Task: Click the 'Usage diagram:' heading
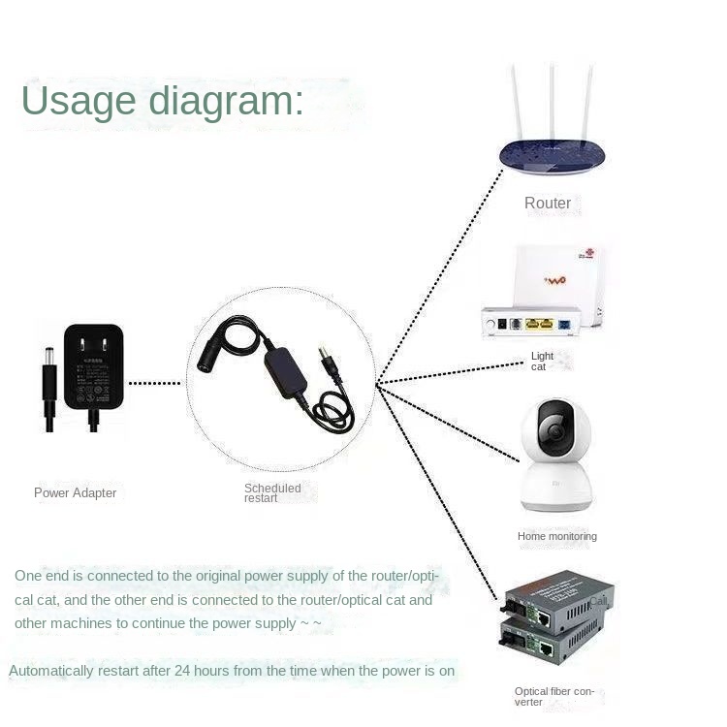163,101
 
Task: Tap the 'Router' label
548,204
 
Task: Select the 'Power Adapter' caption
75,493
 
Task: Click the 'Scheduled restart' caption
272,492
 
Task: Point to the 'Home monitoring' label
556,536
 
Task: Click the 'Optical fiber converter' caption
555,697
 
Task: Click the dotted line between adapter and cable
155,384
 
